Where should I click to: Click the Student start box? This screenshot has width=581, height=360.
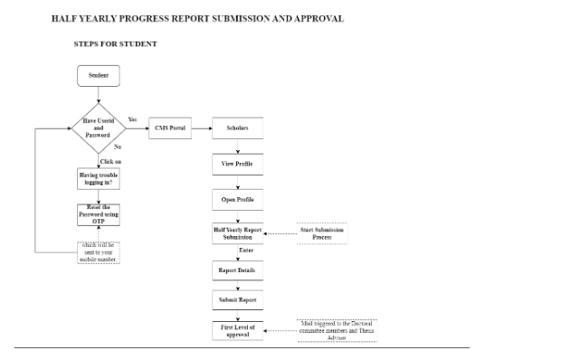tap(99, 76)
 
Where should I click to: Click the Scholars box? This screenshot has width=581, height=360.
tap(237, 128)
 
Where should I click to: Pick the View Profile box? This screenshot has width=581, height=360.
tap(237, 165)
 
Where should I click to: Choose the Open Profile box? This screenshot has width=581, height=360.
tap(237, 198)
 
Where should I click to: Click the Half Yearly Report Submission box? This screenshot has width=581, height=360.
tap(237, 233)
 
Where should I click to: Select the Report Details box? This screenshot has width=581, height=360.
tap(237, 270)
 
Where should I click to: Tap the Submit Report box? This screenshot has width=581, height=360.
tap(237, 298)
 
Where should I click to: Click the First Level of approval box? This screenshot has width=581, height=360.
tap(237, 330)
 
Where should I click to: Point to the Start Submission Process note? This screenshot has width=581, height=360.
tap(322, 233)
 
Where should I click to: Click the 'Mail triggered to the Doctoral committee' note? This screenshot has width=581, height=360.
tap(336, 330)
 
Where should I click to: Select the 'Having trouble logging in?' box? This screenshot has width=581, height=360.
tap(99, 179)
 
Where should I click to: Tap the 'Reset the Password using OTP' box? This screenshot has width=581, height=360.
tap(99, 215)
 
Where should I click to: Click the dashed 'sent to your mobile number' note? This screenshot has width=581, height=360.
tap(99, 252)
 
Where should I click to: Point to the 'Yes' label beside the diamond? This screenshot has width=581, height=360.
tap(133, 119)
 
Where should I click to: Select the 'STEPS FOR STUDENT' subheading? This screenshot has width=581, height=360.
tap(115, 43)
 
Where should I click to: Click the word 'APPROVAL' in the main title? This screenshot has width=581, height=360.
tap(316, 18)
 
